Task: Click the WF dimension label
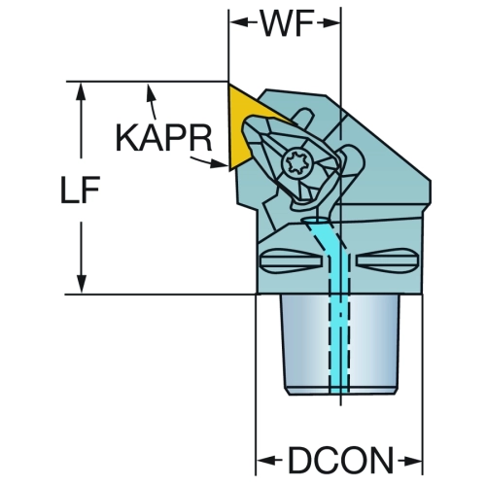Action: click(288, 23)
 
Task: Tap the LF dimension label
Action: click(80, 191)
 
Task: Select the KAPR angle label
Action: click(163, 138)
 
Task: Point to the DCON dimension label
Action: click(340, 460)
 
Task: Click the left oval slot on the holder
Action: click(291, 260)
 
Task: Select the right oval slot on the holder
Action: click(388, 260)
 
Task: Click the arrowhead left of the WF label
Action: click(238, 22)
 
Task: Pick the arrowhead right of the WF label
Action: click(330, 23)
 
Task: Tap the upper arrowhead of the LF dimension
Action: click(81, 92)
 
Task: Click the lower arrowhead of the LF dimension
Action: click(82, 284)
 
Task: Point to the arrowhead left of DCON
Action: click(265, 460)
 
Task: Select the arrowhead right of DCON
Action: click(413, 460)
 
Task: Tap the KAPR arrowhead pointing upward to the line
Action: click(150, 92)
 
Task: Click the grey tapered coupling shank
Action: click(340, 344)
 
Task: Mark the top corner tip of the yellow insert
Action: click(229, 84)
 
